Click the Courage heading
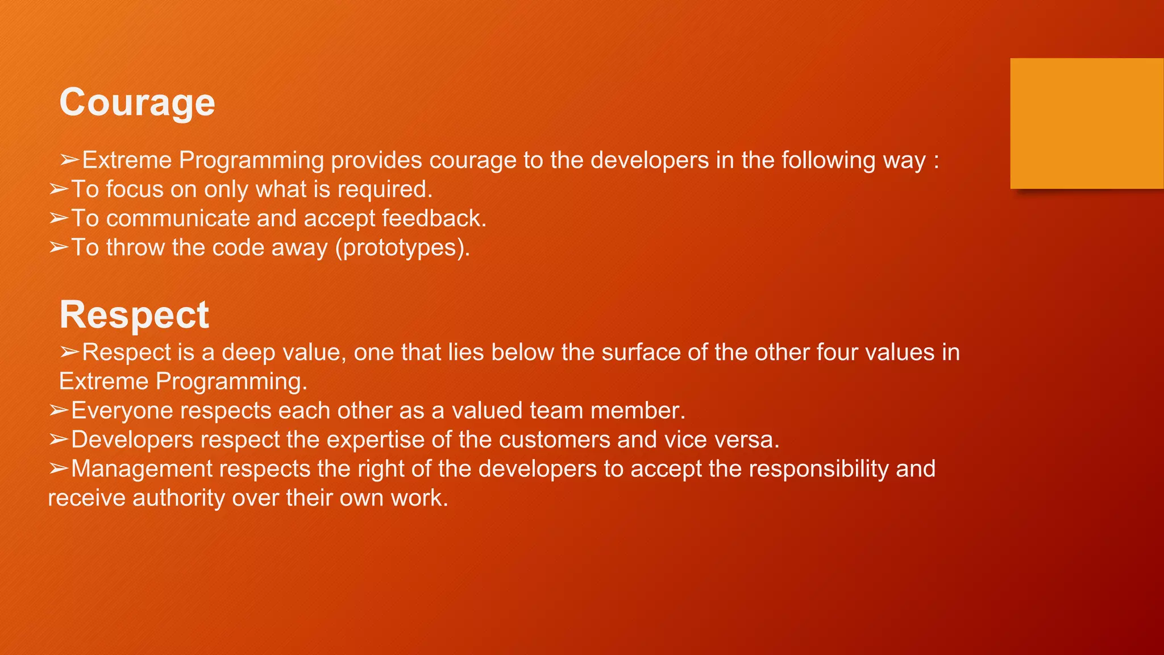(137, 103)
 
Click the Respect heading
(134, 316)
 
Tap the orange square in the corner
(1087, 123)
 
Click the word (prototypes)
(402, 248)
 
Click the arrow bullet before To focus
(59, 189)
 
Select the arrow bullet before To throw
(59, 247)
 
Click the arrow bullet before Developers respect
(59, 440)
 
